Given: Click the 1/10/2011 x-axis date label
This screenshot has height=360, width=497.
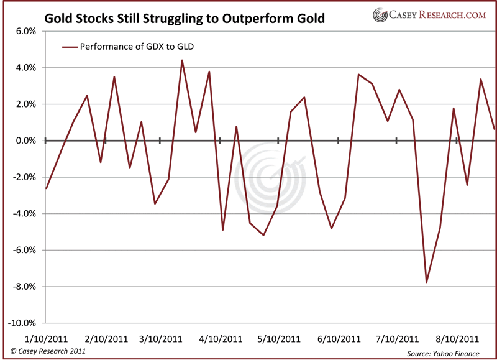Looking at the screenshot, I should pyautogui.click(x=46, y=339).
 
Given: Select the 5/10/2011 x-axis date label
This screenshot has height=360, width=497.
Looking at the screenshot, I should pyautogui.click(x=278, y=339).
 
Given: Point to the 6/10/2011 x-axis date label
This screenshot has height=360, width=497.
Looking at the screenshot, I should pyautogui.click(x=339, y=339).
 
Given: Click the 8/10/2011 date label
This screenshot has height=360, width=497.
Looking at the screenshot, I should pyautogui.click(x=456, y=339).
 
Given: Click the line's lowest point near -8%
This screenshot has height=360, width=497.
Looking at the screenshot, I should pyautogui.click(x=427, y=282).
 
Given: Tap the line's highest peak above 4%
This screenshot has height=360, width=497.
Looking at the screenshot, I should pyautogui.click(x=181, y=60).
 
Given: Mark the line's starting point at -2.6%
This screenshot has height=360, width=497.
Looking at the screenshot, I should pyautogui.click(x=46, y=188).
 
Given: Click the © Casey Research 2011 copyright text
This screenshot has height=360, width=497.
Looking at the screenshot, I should pyautogui.click(x=44, y=352).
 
